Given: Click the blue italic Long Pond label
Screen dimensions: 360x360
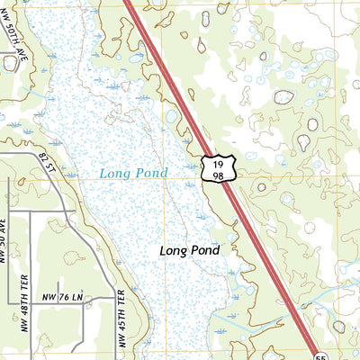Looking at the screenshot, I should (x=133, y=173).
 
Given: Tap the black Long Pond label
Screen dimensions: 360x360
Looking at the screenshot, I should (x=189, y=250).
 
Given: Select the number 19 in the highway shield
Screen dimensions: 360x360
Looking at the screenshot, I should (x=218, y=162).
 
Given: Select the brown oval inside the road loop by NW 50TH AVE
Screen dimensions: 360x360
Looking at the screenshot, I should (x=11, y=63).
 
